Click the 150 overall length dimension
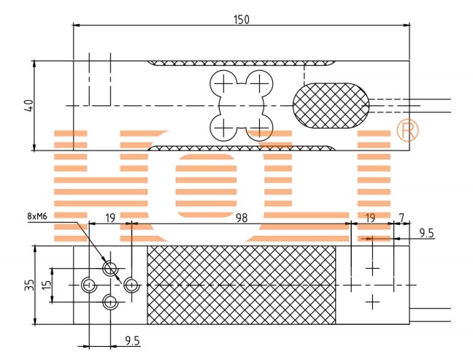(242, 20)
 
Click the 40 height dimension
(29, 105)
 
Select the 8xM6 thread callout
(37, 216)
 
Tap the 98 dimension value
(242, 218)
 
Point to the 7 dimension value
(401, 217)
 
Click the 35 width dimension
(29, 286)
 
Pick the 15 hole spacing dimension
(46, 285)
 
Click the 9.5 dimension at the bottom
(132, 341)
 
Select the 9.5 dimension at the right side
(426, 233)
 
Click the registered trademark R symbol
(407, 130)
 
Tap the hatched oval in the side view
(331, 106)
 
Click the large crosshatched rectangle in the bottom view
(242, 286)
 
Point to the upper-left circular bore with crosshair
(223, 83)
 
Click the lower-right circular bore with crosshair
(260, 129)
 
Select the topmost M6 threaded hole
(110, 268)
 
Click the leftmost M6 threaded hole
(88, 285)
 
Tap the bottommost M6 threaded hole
(110, 302)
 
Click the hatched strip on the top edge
(242, 64)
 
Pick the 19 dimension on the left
(110, 218)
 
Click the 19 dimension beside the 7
(370, 218)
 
